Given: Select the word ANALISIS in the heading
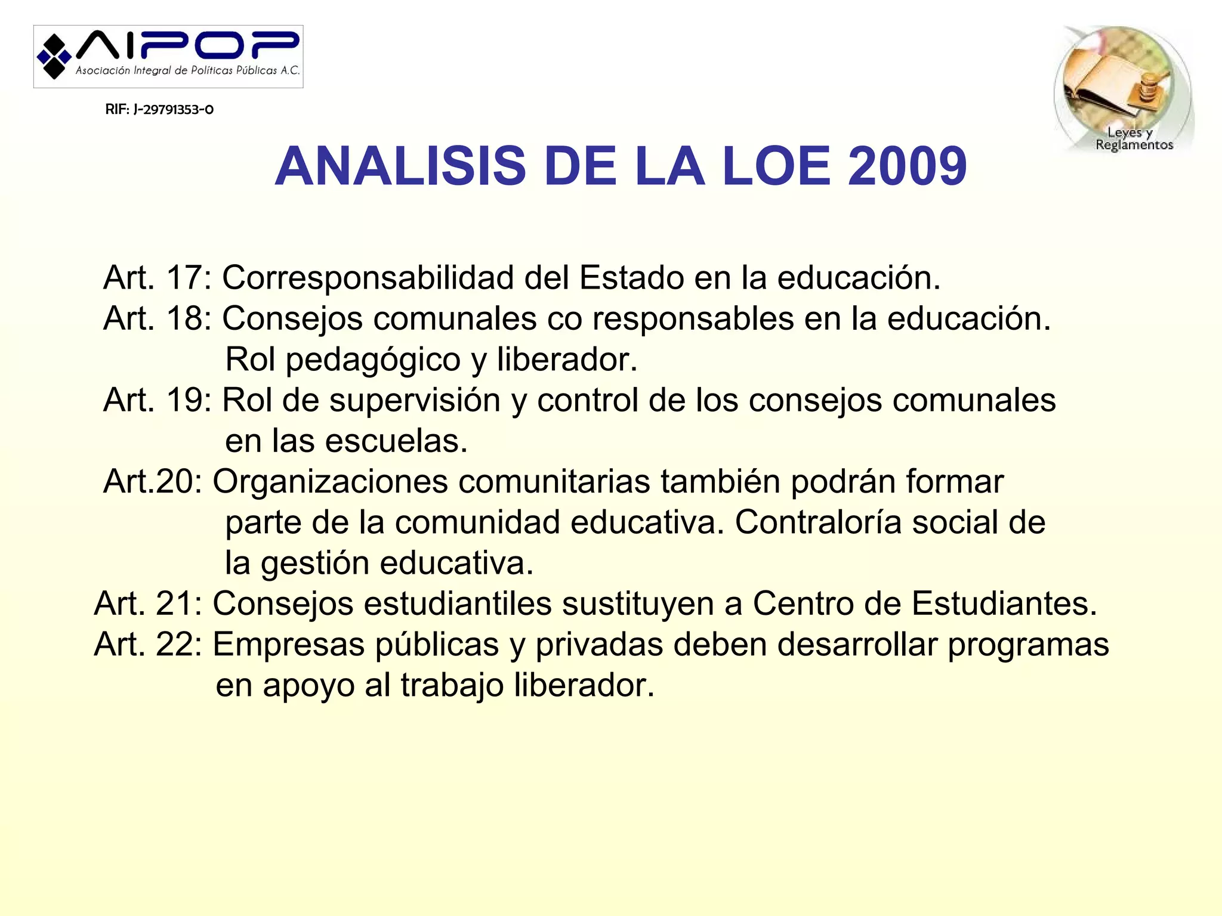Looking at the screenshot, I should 400,166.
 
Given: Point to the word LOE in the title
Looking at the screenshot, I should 776,166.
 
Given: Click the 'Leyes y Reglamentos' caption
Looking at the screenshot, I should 1133,139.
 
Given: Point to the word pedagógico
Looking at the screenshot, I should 373,360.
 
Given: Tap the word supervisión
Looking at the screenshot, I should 415,400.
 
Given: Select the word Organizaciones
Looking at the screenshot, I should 330,482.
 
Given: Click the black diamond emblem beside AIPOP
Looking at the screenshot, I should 54,57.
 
